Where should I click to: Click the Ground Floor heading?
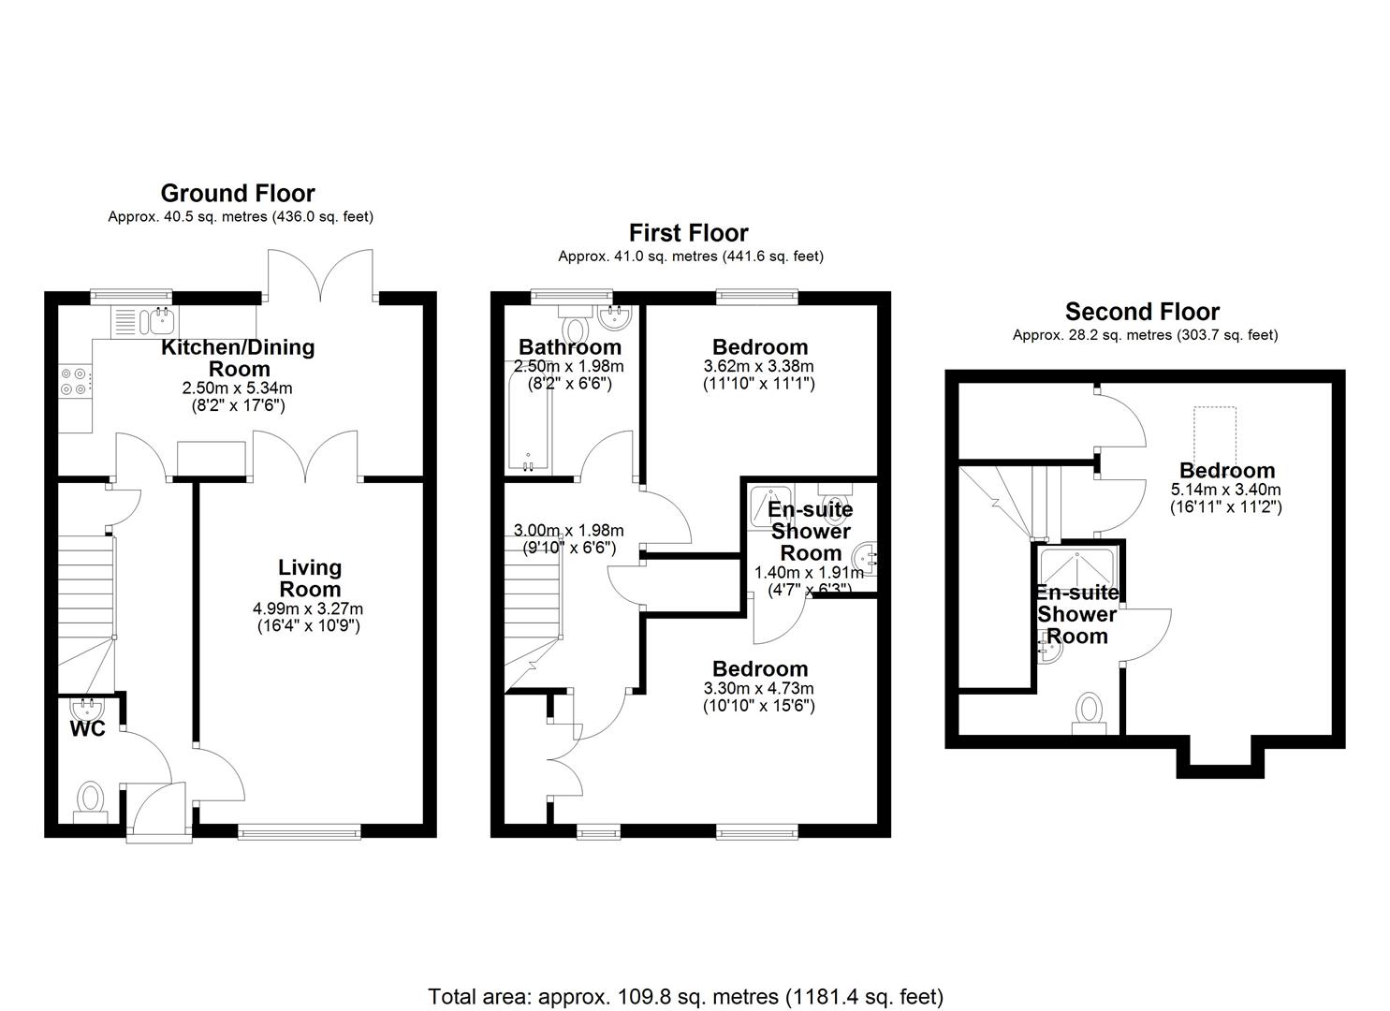pyautogui.click(x=238, y=194)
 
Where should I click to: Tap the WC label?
pyautogui.click(x=87, y=728)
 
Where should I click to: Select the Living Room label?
pyautogui.click(x=310, y=578)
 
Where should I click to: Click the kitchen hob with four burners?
pyautogui.click(x=74, y=382)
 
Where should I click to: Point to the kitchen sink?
pyautogui.click(x=144, y=321)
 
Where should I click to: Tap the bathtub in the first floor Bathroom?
pyautogui.click(x=529, y=416)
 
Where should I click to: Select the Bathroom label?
pyautogui.click(x=570, y=347)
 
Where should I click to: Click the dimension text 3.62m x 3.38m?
pyautogui.click(x=758, y=366)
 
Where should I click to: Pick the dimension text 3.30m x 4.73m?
pyautogui.click(x=758, y=688)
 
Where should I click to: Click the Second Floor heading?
pyautogui.click(x=1142, y=312)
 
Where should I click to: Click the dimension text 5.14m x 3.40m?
pyautogui.click(x=1225, y=490)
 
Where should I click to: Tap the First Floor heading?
pyautogui.click(x=689, y=233)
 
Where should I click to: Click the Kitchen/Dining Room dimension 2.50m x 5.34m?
pyautogui.click(x=237, y=388)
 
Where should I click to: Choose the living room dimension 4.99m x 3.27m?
pyautogui.click(x=308, y=608)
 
